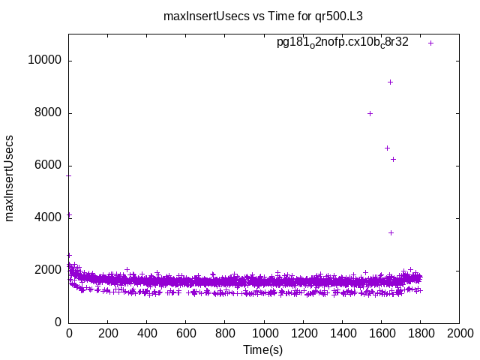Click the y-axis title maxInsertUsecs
[x=10, y=178]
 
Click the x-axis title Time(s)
[x=263, y=349]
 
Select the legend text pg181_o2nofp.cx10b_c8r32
[x=342, y=43]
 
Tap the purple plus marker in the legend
[x=430, y=43]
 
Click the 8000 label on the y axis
[x=46, y=113]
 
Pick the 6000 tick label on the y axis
[x=46, y=166]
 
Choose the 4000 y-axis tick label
[x=46, y=218]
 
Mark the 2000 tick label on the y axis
[x=46, y=270]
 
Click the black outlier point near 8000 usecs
[x=370, y=113]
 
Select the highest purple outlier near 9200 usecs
[x=390, y=82]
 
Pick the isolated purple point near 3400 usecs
[x=391, y=232]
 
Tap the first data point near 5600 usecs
[x=69, y=175]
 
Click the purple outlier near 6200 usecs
[x=393, y=159]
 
